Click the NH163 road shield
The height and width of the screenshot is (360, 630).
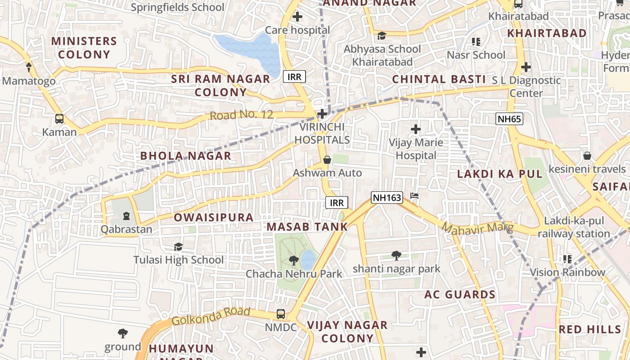click(x=387, y=197)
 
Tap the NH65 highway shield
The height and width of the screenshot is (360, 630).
click(x=509, y=119)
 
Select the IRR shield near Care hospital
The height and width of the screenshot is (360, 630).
click(x=294, y=76)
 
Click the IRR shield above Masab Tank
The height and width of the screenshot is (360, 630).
click(x=337, y=202)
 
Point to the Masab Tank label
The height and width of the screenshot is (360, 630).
click(x=307, y=226)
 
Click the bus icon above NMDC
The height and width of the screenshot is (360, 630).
click(x=281, y=314)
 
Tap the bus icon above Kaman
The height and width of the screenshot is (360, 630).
click(x=59, y=119)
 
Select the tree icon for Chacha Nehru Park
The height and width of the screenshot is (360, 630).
click(x=293, y=260)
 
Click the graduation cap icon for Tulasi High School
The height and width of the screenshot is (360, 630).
click(x=178, y=247)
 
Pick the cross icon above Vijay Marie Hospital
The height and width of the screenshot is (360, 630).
click(x=416, y=130)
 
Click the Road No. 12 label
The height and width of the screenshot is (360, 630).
click(x=242, y=115)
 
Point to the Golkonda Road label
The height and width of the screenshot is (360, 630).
click(x=211, y=316)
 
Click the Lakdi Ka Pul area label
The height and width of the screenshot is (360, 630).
click(x=499, y=174)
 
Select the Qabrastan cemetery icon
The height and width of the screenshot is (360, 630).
click(x=126, y=216)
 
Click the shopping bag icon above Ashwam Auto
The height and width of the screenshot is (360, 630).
click(x=327, y=160)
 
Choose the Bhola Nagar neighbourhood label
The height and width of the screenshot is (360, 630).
click(x=185, y=156)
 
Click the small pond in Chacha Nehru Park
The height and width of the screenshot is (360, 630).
click(x=309, y=259)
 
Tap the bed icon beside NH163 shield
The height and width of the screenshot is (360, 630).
click(x=415, y=196)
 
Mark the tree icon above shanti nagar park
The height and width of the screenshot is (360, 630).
click(x=396, y=256)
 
